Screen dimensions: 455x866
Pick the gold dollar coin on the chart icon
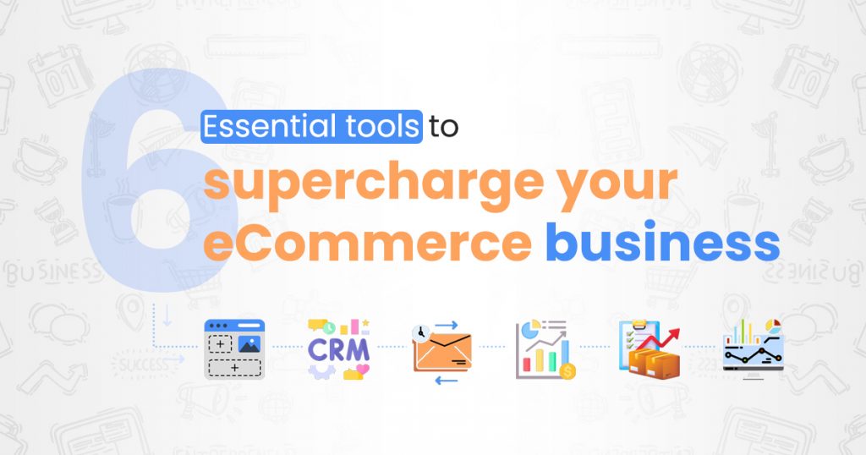(x=568, y=370)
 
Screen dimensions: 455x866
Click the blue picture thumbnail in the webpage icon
(x=249, y=344)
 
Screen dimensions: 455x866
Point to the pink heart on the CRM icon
(x=363, y=370)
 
